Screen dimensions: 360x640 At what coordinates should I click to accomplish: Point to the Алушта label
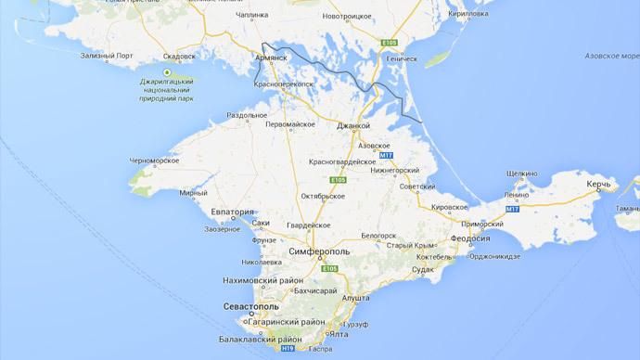tap(356, 299)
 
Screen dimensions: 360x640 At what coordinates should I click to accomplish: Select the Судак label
tap(422, 270)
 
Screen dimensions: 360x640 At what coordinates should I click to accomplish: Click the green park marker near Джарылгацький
tap(167, 72)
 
